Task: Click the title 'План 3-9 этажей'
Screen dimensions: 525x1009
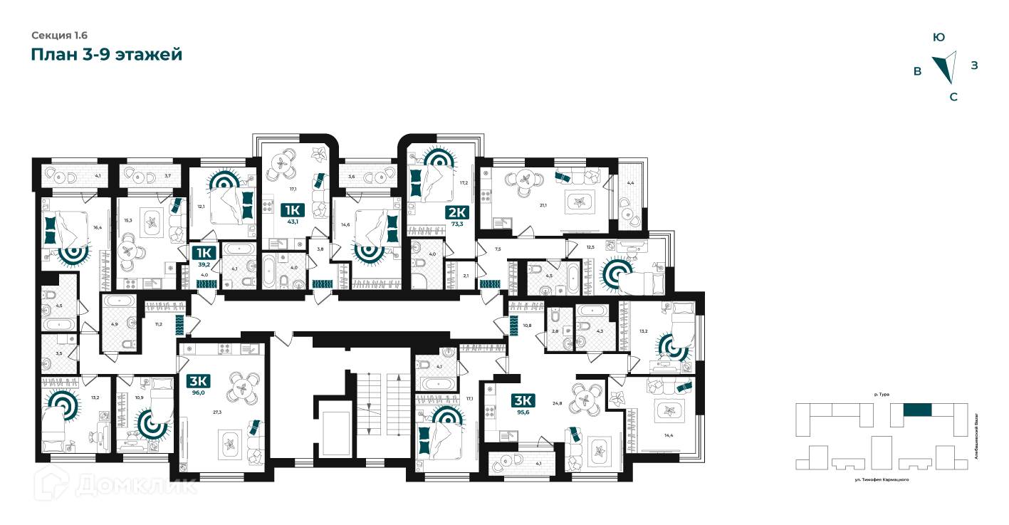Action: (107, 55)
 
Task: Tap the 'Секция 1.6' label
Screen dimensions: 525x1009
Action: (59, 35)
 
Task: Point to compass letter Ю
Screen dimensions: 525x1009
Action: (939, 37)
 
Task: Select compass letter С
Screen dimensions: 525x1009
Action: (953, 97)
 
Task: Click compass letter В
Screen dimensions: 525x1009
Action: (918, 71)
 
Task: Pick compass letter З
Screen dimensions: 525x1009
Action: (974, 66)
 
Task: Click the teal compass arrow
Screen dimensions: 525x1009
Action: (946, 67)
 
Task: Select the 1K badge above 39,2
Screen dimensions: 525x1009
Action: (203, 253)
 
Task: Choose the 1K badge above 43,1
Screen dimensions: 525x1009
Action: (292, 209)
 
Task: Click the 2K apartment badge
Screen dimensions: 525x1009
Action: (456, 212)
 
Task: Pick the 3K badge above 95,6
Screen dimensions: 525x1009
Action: (523, 400)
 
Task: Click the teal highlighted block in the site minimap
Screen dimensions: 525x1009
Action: (917, 410)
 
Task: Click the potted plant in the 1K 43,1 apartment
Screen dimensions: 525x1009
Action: (319, 153)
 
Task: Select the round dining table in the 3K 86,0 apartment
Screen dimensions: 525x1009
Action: (243, 388)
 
